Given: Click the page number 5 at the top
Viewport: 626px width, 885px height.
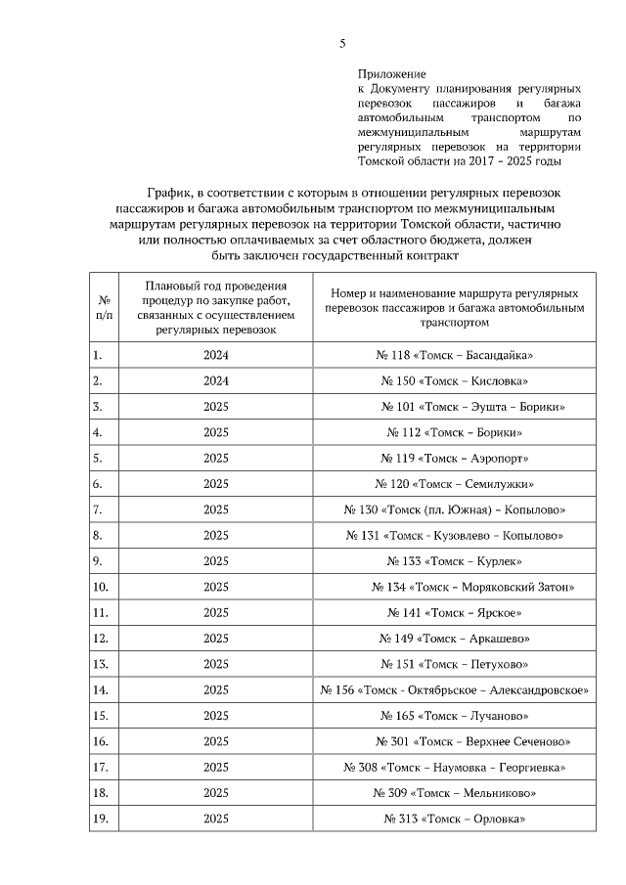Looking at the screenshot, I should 342,42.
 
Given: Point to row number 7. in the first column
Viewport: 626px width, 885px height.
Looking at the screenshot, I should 98,509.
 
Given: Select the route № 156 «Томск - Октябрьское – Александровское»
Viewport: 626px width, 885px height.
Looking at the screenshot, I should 454,689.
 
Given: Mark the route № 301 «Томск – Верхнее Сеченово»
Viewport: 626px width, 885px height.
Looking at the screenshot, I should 472,741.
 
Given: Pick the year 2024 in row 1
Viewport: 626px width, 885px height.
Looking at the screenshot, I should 216,355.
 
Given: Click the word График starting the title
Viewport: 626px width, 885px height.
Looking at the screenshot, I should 170,193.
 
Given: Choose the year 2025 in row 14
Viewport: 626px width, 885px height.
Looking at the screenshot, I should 216,689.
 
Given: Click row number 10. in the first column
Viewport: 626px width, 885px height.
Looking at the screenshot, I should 100,587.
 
